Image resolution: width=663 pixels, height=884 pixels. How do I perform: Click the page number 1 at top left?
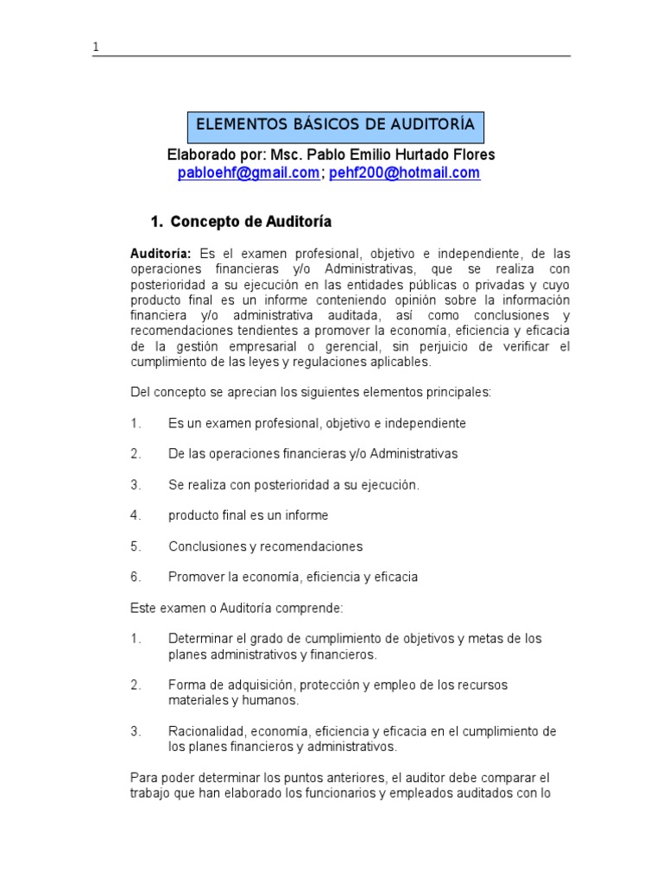[96, 47]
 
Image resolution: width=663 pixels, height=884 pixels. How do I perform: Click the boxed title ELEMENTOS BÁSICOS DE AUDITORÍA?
[336, 125]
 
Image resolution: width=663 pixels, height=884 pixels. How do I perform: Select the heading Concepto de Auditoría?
[251, 222]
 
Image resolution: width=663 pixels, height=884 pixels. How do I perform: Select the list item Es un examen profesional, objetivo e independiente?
[317, 423]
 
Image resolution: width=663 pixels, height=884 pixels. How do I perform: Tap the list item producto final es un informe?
[248, 515]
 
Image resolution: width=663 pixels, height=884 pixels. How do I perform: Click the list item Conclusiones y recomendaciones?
[265, 546]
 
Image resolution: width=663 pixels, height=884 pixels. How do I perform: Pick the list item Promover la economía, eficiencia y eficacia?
[293, 577]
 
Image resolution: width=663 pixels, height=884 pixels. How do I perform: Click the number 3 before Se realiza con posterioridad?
[135, 485]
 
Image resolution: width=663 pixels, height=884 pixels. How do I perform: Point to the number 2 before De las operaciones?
[135, 454]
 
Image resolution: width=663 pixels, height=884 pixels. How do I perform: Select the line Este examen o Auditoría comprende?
[237, 608]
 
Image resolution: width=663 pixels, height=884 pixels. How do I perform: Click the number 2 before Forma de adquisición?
[135, 685]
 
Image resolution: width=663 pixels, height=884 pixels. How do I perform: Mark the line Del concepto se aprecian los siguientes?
[310, 392]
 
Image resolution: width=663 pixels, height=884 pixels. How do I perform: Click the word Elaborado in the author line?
[199, 155]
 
